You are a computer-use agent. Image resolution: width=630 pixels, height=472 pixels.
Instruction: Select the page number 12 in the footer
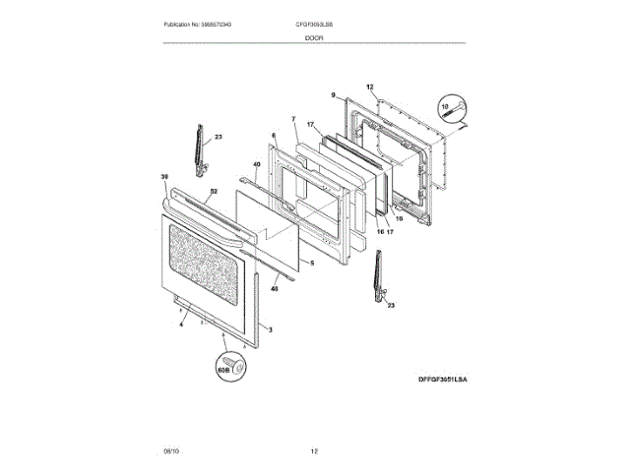(314, 451)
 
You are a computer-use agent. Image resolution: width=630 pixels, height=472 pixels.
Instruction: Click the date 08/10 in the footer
(171, 451)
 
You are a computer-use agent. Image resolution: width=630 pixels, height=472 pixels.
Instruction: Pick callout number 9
(334, 95)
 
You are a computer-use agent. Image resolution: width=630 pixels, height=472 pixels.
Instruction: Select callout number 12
(370, 87)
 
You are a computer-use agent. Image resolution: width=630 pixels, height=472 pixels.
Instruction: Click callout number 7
(293, 120)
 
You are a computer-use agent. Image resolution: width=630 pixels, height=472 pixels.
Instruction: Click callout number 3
(271, 328)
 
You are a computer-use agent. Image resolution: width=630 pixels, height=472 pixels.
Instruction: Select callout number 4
(181, 324)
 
